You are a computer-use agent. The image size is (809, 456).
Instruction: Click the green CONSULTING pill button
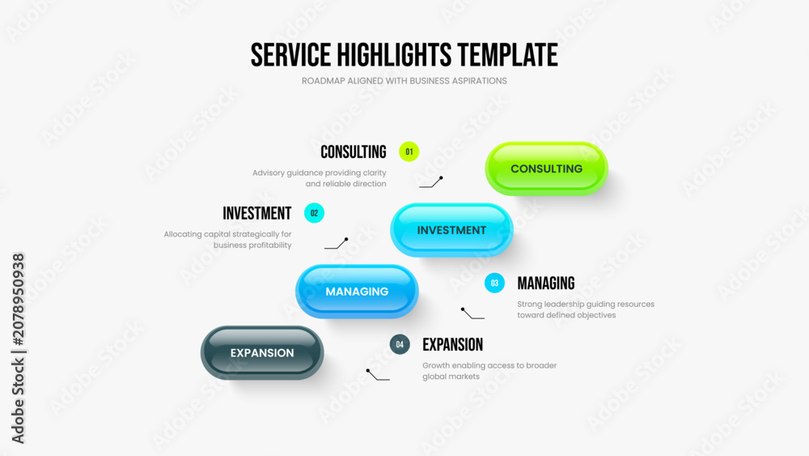pos(546,168)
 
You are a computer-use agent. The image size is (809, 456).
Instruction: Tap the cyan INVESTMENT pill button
pos(451,230)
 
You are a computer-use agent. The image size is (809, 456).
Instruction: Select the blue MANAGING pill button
pos(357,292)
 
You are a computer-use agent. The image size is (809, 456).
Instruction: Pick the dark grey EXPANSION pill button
pos(262,352)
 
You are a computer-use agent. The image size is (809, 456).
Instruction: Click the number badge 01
pos(409,151)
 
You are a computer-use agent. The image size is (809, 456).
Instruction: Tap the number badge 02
pos(314,213)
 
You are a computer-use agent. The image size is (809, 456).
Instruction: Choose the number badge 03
pos(494,283)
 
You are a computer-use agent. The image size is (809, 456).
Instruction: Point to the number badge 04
pos(400,344)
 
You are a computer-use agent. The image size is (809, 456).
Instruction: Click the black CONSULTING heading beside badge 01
pos(354,151)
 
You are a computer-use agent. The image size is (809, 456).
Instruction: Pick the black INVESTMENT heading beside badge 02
pos(257,213)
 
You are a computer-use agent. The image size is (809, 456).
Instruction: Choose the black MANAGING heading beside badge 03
pos(546,283)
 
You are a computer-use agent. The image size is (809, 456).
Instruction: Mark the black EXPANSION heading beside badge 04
pos(452,344)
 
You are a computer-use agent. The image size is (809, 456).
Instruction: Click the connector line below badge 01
pos(431,183)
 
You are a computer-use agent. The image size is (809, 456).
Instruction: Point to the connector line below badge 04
pos(378,376)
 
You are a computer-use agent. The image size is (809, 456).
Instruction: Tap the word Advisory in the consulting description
pos(269,173)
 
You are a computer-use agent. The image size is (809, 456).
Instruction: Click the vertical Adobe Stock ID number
pos(18,300)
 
